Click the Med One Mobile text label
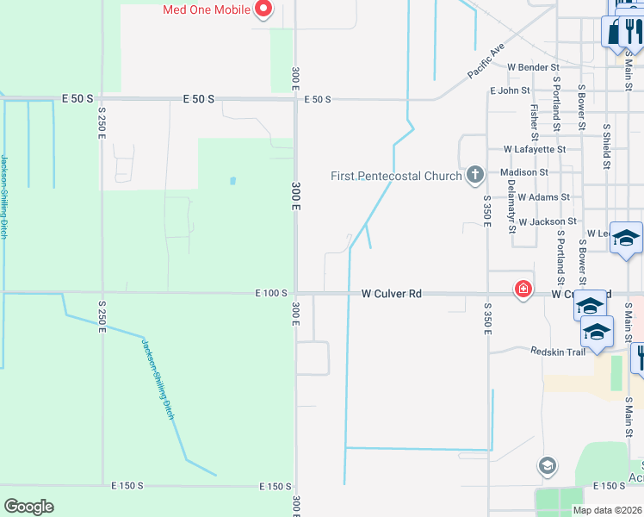pos(207,10)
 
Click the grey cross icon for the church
pos(474,176)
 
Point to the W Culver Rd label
pos(392,294)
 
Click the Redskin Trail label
pos(558,352)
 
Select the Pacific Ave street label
pos(486,63)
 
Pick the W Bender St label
pos(533,67)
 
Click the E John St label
pos(510,90)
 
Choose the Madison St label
pos(523,172)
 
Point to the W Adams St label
pos(543,197)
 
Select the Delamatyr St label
pos(511,211)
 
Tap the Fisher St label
pos(535,121)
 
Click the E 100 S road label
pos(270,294)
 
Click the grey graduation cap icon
pos(546,467)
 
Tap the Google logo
pos(28,507)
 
